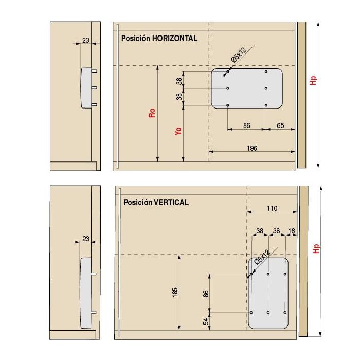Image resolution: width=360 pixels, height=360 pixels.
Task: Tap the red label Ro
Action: tap(152, 113)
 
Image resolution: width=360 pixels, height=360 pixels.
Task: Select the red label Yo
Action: tap(178, 131)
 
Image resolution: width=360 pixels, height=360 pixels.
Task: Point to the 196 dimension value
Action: tap(252, 148)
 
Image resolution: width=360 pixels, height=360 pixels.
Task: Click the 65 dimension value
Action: tap(280, 125)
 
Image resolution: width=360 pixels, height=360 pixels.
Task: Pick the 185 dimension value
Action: tap(175, 293)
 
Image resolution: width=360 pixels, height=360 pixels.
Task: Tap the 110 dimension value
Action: tap(272, 208)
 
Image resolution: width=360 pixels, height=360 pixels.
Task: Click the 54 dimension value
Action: tap(206, 321)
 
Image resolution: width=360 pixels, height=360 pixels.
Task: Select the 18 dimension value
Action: tap(292, 231)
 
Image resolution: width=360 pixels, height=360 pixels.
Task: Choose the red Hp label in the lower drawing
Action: tap(317, 248)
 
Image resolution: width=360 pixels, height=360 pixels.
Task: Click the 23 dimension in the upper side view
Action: tap(85, 40)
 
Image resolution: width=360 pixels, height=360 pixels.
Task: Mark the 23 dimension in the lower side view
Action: tap(85, 239)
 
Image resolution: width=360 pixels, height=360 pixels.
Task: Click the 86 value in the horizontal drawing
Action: tap(247, 125)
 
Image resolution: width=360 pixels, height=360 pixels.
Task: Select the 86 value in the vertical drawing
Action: tap(206, 294)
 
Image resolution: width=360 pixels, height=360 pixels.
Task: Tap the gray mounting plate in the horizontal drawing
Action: tap(247, 88)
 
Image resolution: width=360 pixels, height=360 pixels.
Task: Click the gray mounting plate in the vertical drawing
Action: tap(268, 293)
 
